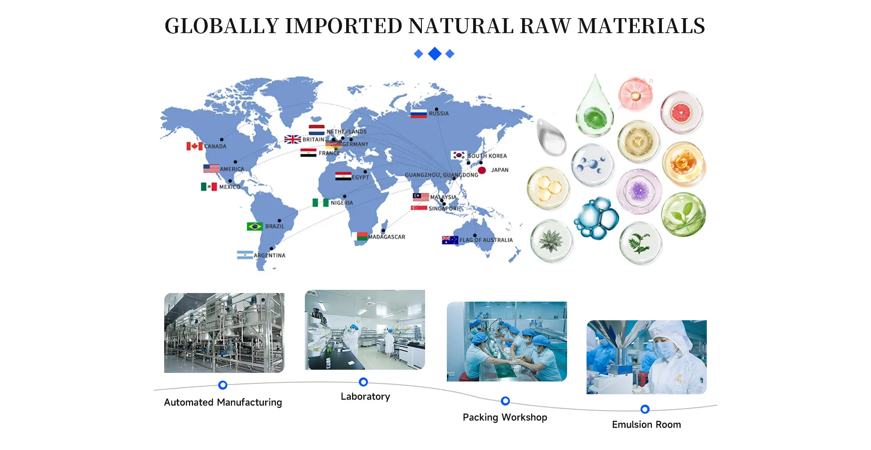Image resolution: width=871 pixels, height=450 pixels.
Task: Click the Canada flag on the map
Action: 195,146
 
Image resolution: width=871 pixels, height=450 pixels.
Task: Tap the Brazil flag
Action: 254,226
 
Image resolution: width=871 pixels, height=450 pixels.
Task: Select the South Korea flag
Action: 459,155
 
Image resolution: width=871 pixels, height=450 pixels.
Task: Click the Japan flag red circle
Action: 482,170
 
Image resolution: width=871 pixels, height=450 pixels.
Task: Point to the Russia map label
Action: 439,113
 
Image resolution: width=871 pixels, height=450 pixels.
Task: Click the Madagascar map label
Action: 387,237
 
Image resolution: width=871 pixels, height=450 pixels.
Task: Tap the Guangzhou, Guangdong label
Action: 441,175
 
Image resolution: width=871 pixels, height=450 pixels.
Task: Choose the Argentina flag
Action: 245,255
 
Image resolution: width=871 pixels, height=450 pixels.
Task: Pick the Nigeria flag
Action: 320,202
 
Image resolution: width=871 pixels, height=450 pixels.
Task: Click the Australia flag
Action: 450,240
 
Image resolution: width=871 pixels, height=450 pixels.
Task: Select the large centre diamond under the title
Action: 435,54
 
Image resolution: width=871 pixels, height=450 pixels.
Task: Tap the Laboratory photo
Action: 365,330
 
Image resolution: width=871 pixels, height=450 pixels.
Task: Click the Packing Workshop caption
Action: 505,417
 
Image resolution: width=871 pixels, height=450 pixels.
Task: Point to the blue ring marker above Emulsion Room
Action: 645,409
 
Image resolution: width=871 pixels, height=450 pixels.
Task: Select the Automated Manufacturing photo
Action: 224,333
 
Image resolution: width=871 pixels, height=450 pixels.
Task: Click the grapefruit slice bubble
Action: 681,112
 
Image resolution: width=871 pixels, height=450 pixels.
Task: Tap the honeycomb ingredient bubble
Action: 548,188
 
